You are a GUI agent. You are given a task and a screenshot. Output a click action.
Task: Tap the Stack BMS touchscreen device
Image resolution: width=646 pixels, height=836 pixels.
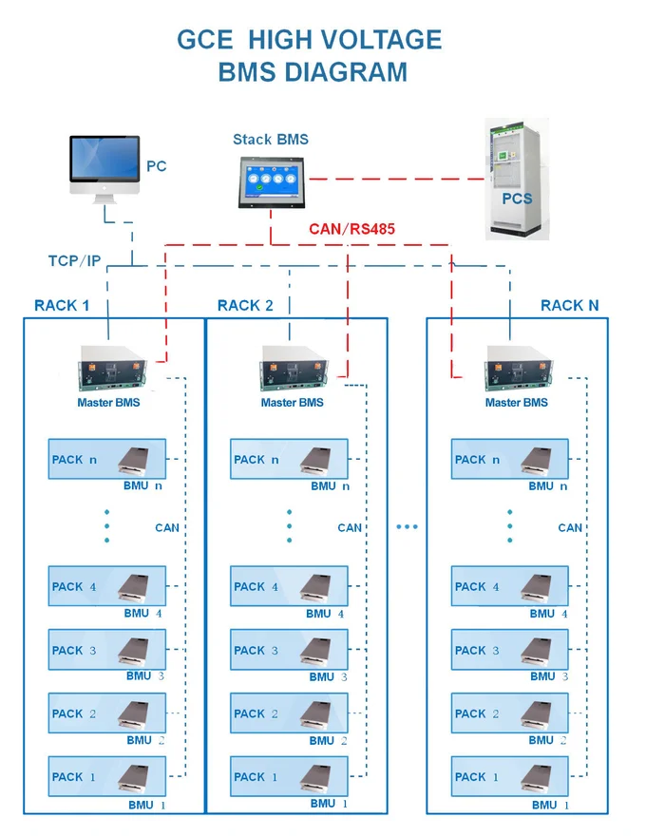click(x=270, y=180)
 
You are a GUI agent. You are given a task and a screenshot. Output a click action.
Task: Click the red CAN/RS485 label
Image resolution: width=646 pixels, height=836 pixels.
click(x=351, y=229)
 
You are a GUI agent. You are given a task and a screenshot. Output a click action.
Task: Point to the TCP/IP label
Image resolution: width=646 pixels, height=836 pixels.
click(x=74, y=260)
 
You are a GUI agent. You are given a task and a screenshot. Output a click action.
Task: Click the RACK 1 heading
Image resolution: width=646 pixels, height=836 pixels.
click(x=62, y=305)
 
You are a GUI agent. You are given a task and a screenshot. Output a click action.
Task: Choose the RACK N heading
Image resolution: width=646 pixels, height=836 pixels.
click(x=570, y=305)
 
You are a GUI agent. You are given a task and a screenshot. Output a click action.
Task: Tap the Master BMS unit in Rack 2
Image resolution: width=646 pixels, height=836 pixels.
click(x=293, y=368)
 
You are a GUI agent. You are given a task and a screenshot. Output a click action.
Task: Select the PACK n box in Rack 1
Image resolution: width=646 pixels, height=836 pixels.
click(x=106, y=460)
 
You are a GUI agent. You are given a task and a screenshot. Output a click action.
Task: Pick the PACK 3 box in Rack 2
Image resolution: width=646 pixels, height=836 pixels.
click(x=289, y=651)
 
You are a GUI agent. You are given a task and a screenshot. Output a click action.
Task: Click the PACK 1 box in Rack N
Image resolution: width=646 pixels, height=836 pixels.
click(x=509, y=776)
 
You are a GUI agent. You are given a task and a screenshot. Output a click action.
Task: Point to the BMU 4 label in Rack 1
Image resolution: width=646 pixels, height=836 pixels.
click(x=145, y=613)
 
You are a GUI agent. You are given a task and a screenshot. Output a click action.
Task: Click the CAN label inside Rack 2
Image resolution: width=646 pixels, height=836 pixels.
click(x=350, y=527)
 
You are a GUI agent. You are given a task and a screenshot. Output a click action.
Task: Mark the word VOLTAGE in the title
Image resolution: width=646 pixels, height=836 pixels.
click(x=385, y=40)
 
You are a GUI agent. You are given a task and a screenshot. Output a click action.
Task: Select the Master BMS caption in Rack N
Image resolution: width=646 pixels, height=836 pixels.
click(x=516, y=403)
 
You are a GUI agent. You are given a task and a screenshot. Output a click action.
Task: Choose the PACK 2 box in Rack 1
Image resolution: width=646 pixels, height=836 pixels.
click(x=106, y=713)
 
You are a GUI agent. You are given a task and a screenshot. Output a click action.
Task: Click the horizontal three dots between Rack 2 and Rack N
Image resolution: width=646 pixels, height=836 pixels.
click(x=407, y=527)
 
